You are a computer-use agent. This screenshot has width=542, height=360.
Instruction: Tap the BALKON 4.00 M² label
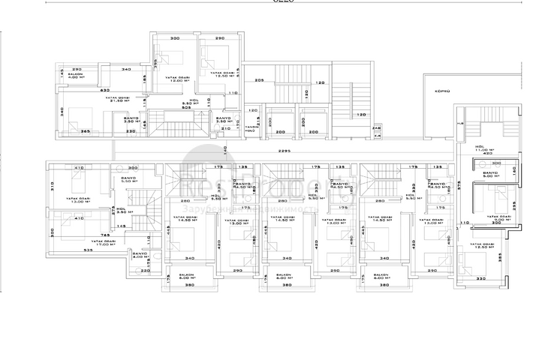[74, 76]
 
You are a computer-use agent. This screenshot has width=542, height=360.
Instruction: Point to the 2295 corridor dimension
[284, 151]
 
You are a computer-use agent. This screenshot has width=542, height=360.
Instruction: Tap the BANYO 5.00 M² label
[491, 175]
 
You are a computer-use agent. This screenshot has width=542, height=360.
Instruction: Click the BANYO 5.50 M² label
[131, 179]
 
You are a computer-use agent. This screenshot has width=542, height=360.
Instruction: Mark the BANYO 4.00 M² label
[139, 256]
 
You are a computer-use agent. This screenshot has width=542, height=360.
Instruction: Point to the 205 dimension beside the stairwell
[260, 80]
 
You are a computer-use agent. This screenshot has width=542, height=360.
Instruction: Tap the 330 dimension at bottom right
[481, 279]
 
